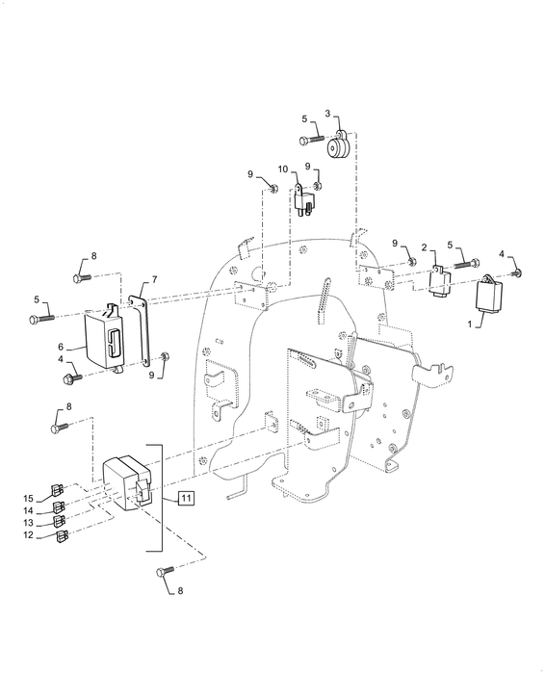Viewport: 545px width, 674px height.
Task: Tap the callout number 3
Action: (327, 114)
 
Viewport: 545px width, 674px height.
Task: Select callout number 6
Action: (60, 346)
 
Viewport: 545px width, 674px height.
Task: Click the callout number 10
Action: (296, 169)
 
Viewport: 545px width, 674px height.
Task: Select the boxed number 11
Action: (186, 498)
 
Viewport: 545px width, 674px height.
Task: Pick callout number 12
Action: (28, 534)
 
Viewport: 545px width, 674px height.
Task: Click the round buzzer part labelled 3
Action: (339, 147)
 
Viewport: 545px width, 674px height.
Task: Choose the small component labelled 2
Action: (441, 283)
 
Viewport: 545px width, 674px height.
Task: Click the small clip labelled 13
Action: (60, 521)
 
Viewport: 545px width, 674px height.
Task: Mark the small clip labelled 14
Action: (60, 506)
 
